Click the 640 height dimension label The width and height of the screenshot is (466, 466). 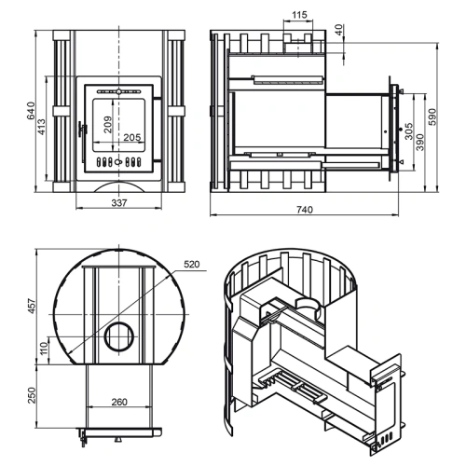(32, 111)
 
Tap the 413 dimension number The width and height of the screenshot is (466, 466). (41, 127)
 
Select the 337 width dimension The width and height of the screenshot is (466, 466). (119, 203)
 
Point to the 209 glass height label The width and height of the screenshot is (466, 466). (107, 124)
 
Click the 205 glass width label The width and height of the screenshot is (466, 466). (132, 137)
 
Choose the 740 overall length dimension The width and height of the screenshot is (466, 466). (305, 210)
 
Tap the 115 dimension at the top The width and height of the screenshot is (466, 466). (299, 15)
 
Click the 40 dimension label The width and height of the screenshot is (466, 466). (339, 30)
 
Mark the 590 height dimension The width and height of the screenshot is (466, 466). (432, 116)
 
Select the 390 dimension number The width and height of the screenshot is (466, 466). (419, 142)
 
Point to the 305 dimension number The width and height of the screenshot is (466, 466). (409, 130)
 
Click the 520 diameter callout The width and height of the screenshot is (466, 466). (192, 265)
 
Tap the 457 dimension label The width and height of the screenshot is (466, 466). (32, 307)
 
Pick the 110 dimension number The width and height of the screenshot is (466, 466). (44, 348)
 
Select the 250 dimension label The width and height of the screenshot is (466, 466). (32, 395)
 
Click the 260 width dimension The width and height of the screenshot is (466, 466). (119, 402)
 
